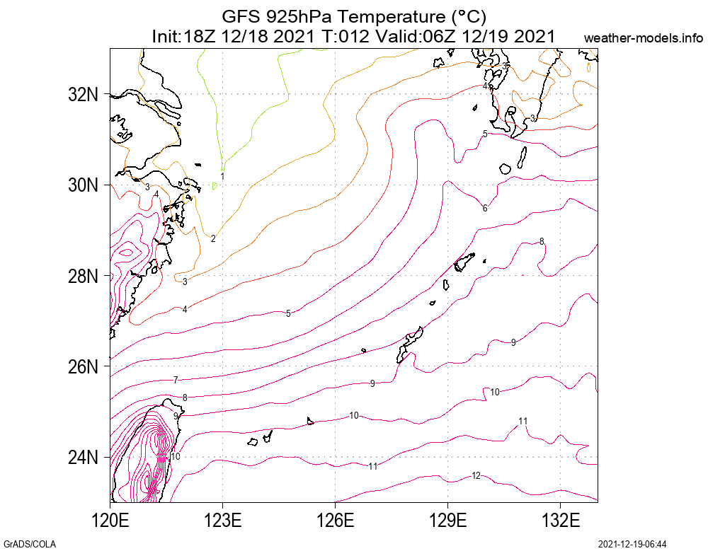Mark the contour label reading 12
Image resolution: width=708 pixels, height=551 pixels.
(476, 475)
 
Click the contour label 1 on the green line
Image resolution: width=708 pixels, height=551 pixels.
(222, 176)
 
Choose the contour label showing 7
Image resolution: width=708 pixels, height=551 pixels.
(176, 381)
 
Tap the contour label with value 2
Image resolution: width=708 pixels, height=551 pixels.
(213, 238)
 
